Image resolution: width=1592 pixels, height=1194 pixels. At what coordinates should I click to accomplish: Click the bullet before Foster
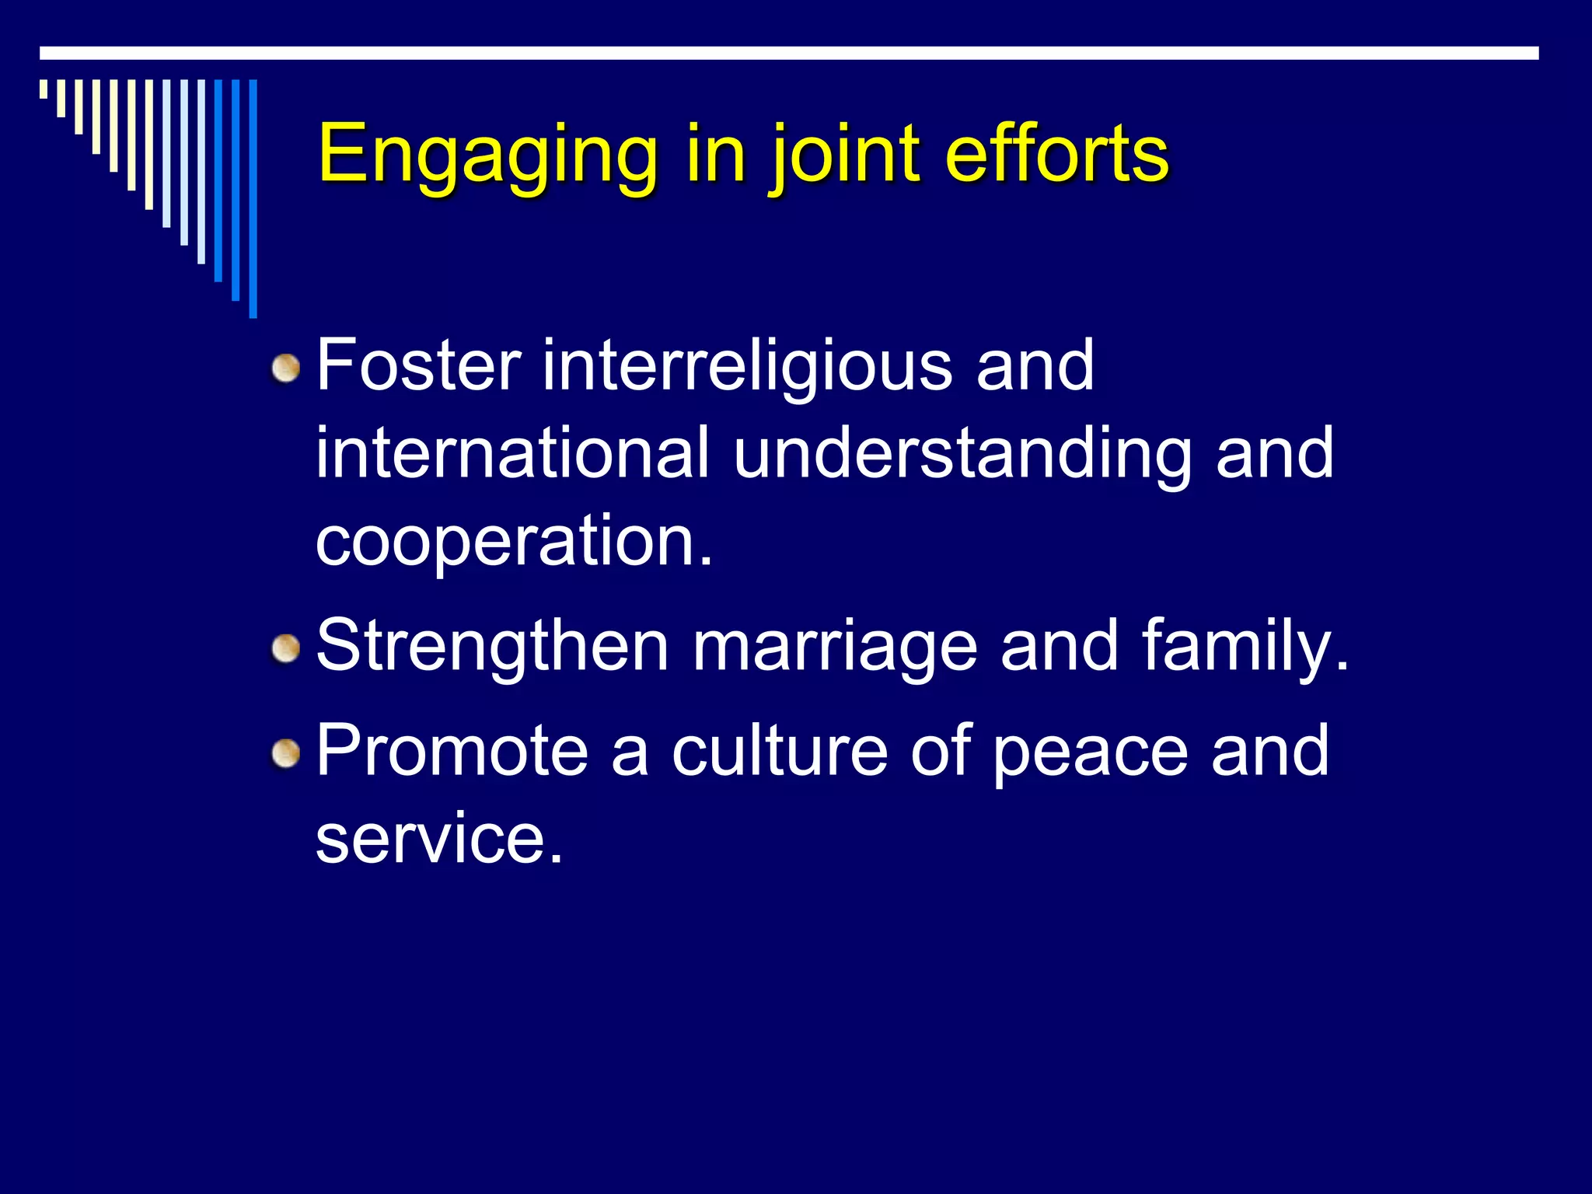(287, 368)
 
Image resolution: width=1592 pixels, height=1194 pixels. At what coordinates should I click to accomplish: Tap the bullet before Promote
(287, 752)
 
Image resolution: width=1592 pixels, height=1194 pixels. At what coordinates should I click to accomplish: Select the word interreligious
(747, 365)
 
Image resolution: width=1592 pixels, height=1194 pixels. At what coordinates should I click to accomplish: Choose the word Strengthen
(492, 646)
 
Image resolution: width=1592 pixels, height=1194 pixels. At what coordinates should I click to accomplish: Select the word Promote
(452, 750)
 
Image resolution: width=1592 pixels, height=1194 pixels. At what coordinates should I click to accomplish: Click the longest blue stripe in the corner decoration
(253, 198)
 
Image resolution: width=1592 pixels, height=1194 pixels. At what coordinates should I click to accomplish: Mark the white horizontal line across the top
(789, 53)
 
